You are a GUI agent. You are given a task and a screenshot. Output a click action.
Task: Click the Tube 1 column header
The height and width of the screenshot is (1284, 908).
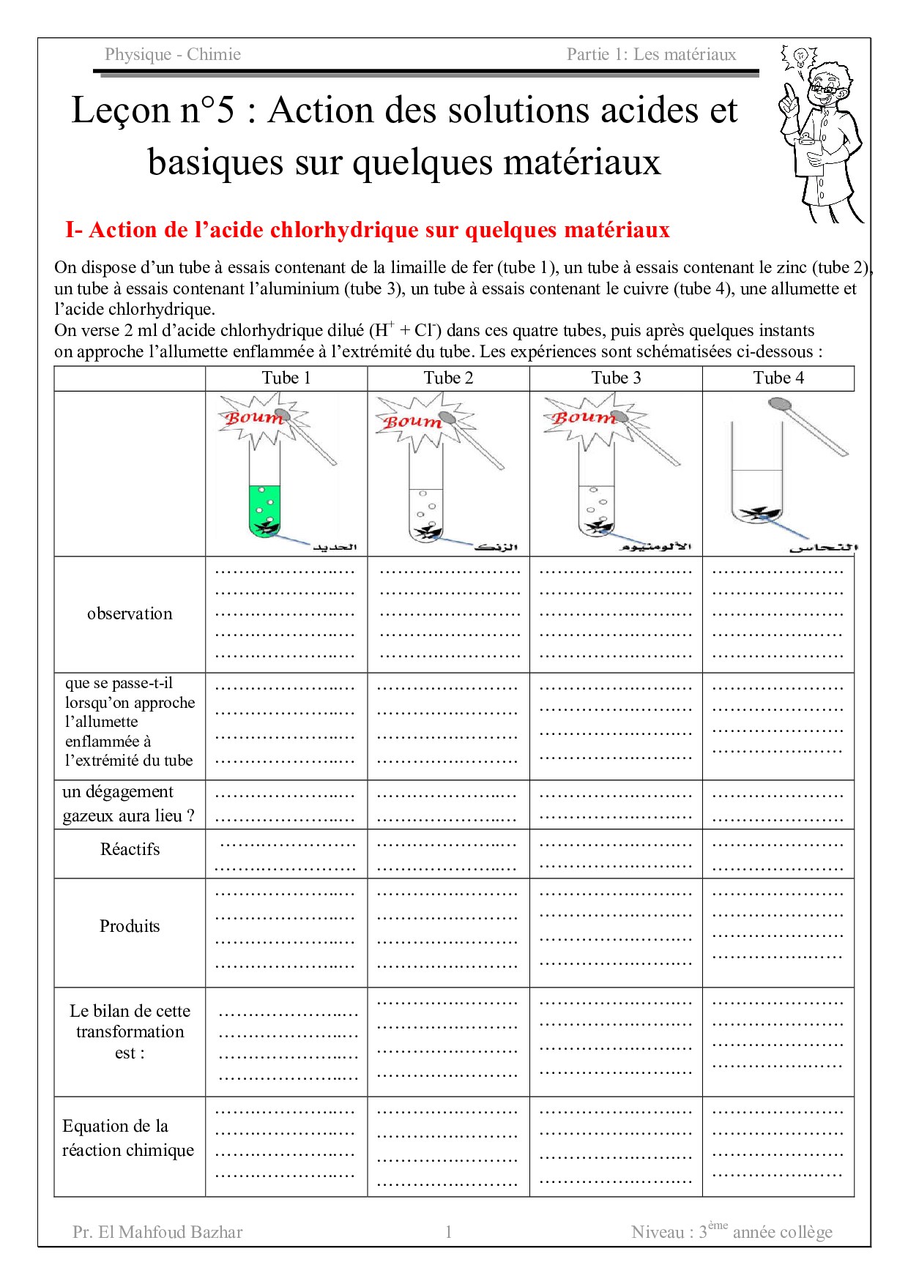click(286, 378)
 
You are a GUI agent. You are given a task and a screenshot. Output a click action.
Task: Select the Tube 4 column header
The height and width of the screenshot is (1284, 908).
click(778, 378)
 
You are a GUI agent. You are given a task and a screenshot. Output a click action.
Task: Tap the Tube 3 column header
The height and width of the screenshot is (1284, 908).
click(616, 378)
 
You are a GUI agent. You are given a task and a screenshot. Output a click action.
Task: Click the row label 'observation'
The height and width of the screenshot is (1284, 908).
click(130, 613)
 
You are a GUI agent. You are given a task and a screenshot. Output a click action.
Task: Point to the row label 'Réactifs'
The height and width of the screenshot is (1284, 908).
click(130, 849)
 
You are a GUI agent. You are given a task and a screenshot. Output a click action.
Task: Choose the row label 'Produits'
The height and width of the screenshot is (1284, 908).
click(130, 926)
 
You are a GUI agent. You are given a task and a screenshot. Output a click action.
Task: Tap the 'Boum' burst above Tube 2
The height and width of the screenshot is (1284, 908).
click(412, 422)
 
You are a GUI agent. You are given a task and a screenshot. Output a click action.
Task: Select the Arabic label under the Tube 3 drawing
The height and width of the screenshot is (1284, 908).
click(656, 547)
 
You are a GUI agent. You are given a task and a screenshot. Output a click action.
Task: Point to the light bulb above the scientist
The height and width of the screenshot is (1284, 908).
click(801, 56)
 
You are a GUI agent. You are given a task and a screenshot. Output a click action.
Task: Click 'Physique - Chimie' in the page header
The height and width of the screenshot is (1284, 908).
click(173, 54)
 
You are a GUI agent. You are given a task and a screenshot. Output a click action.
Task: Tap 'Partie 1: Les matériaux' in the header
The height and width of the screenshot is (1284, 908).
click(651, 54)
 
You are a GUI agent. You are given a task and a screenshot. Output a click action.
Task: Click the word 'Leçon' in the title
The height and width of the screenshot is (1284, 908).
click(121, 111)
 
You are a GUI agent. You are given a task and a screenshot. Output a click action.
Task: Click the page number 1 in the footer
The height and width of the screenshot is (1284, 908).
click(448, 1232)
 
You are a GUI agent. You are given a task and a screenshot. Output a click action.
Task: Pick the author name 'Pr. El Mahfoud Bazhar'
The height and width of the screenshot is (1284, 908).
click(157, 1232)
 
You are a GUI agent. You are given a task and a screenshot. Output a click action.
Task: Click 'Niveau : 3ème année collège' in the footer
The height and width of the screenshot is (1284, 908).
click(732, 1232)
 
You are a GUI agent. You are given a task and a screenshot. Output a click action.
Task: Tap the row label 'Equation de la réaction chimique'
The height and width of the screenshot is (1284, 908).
click(128, 1138)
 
